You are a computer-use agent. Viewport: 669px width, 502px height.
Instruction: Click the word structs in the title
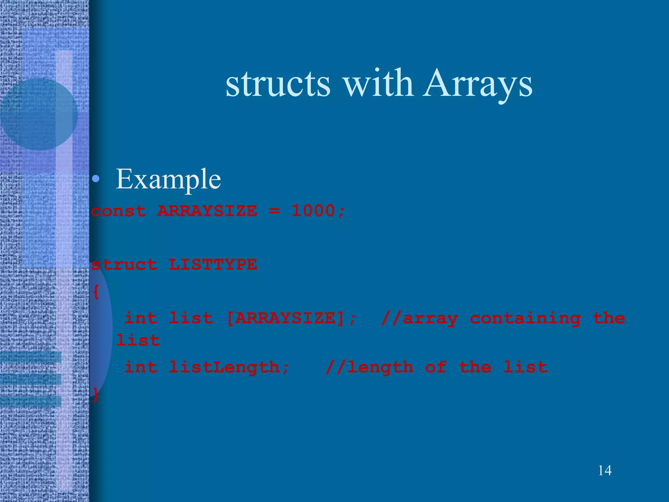coord(278,84)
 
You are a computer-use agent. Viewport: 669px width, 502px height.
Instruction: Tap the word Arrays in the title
coord(477,84)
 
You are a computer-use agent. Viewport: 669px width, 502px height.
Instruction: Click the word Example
coord(168,179)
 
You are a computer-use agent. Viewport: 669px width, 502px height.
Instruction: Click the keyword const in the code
coord(119,211)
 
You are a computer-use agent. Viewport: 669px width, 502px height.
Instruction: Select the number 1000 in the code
coord(313,210)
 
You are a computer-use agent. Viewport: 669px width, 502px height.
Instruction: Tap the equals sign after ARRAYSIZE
coord(274,211)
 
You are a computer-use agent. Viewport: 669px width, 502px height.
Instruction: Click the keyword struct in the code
coord(124,265)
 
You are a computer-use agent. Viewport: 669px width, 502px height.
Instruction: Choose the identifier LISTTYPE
coord(213,264)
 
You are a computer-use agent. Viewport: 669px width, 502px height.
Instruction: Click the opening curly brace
coord(96,292)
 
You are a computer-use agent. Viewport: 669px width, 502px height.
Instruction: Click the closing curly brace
coord(96,394)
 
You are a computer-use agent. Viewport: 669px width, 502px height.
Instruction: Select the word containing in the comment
coord(525,318)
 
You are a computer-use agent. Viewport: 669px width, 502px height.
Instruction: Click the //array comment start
coord(419,318)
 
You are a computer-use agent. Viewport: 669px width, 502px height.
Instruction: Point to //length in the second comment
coord(369,367)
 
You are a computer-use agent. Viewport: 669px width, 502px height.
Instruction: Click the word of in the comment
coord(436,367)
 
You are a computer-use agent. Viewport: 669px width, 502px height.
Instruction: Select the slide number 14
coord(605,470)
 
